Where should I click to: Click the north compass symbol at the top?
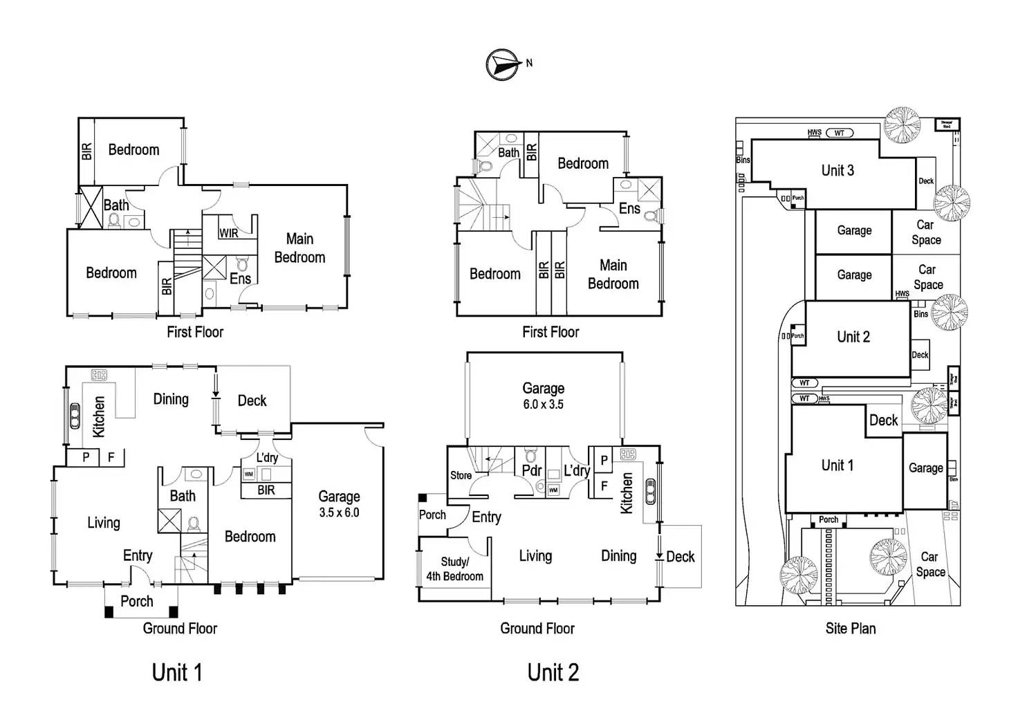point(503,64)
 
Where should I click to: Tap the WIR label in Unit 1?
point(229,233)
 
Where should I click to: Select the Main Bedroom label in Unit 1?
point(299,248)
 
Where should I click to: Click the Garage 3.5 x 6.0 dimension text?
point(339,513)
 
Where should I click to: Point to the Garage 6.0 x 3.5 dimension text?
point(543,404)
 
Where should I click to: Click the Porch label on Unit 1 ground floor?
point(137,601)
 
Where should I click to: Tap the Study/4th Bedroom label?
point(454,569)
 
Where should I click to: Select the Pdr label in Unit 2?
point(531,470)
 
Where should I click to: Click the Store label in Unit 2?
point(461,475)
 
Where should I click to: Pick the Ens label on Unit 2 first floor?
point(629,208)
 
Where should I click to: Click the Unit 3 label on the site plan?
point(837,170)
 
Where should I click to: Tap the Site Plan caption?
point(851,628)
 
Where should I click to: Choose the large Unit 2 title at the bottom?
point(553,672)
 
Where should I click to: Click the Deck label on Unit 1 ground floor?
point(252,400)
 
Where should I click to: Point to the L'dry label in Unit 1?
point(267,457)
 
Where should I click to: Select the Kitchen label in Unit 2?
point(627,492)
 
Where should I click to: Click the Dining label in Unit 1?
point(171,399)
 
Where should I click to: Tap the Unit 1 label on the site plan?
point(837,465)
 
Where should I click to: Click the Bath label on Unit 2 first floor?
point(508,152)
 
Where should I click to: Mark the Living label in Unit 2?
point(535,555)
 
